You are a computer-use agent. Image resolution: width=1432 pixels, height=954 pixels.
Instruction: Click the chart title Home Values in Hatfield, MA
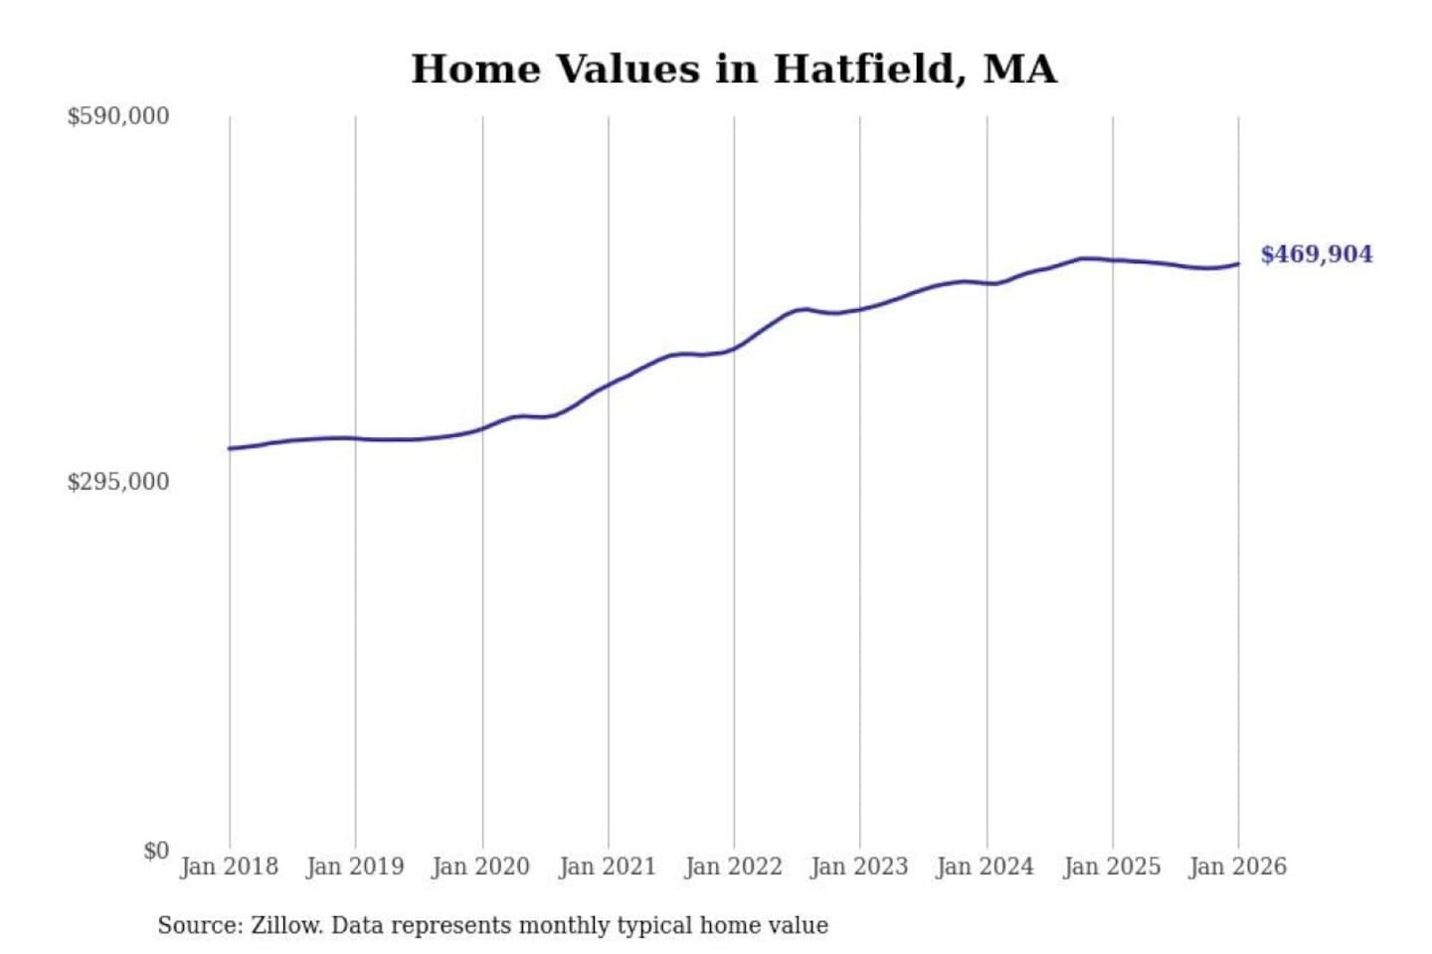(734, 70)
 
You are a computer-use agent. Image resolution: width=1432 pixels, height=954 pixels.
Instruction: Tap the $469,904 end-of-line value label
(1316, 254)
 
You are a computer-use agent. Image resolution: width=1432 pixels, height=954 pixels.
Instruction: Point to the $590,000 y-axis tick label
(118, 116)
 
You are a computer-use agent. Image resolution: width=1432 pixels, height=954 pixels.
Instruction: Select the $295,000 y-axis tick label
(118, 482)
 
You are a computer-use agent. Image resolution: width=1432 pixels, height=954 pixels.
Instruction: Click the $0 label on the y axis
(156, 851)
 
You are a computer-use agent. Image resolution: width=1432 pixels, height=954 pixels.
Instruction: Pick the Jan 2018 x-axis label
(229, 867)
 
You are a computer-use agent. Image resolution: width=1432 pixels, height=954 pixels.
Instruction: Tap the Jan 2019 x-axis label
(355, 867)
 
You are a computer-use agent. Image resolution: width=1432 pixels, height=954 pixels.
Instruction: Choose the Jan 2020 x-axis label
(481, 867)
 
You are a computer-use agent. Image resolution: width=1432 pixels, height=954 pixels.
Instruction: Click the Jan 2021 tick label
(608, 867)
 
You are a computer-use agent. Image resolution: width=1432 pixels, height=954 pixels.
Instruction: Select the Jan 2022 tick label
(734, 867)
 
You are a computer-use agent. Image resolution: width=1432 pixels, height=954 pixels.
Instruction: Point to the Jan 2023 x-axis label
(859, 867)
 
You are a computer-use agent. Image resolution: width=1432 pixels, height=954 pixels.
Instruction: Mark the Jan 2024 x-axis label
(985, 867)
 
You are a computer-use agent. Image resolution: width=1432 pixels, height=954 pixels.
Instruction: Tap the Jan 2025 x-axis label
(1112, 867)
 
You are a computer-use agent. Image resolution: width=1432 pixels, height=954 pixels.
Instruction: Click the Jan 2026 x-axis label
(1238, 867)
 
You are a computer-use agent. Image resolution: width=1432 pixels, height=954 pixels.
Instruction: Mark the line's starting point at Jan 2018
(230, 448)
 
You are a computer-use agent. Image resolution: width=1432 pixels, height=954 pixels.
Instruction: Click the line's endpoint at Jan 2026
(1238, 263)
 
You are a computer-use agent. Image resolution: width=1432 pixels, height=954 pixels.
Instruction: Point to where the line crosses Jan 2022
(735, 348)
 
